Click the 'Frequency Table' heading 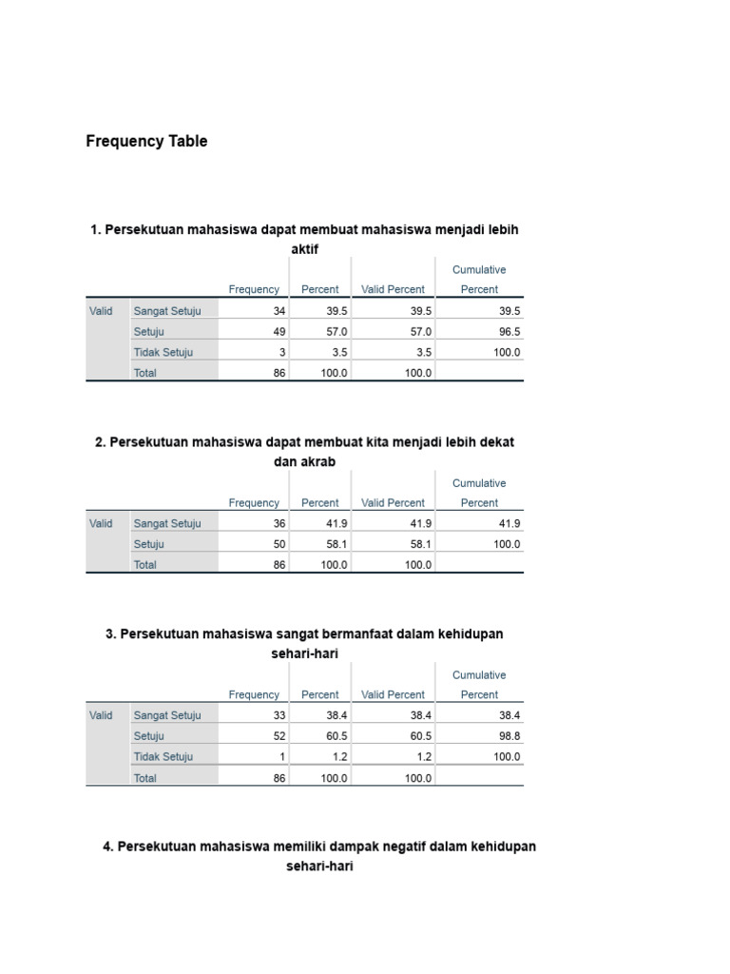(146, 142)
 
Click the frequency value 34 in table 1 (279, 311)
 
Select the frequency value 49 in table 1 (279, 332)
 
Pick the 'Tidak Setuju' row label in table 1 (163, 352)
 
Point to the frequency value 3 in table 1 (282, 352)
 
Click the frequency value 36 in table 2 (279, 523)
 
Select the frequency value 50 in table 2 (279, 544)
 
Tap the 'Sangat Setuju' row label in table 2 (167, 523)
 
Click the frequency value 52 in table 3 (279, 736)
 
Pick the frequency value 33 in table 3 (279, 715)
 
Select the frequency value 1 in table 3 (282, 757)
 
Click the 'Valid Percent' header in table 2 (393, 503)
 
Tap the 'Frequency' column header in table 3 (254, 695)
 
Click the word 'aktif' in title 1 (304, 249)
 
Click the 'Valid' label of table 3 (101, 715)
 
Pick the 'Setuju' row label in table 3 (148, 736)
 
